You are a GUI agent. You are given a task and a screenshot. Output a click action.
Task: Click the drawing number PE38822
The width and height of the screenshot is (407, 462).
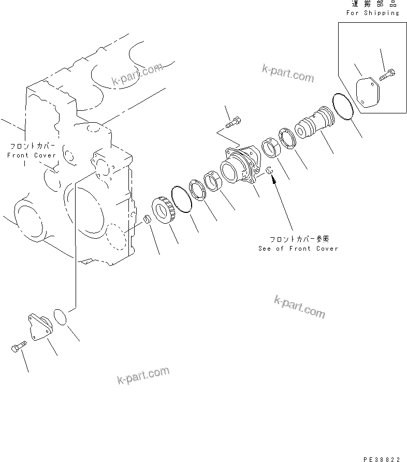pyautogui.click(x=382, y=459)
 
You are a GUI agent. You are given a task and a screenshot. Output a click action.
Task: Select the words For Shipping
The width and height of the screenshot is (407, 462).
pyautogui.click(x=373, y=13)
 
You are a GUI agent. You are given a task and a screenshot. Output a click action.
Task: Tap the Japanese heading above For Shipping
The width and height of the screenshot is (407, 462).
pyautogui.click(x=374, y=4)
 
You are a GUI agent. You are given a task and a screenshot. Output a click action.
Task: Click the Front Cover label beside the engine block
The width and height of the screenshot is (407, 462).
pyautogui.click(x=31, y=155)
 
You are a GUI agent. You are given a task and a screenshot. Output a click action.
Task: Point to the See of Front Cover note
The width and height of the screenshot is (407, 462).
pyautogui.click(x=298, y=249)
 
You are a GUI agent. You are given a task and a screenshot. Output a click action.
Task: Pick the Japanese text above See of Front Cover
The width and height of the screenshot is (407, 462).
pyautogui.click(x=299, y=239)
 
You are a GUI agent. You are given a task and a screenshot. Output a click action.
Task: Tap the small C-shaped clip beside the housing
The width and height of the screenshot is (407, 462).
pyautogui.click(x=269, y=170)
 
